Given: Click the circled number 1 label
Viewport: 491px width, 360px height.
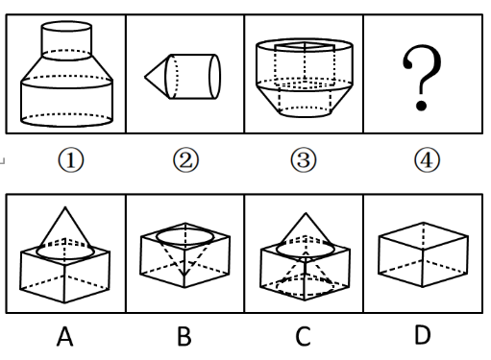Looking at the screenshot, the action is point(71,160).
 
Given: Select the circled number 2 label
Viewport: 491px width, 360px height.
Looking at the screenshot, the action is point(185,160).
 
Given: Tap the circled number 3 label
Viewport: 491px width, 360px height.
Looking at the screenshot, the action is point(304,160).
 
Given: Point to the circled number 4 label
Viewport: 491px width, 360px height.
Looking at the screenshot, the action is point(427,160).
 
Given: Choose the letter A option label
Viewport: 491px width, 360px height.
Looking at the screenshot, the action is point(64,336).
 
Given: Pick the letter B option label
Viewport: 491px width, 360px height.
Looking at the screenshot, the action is point(184,336).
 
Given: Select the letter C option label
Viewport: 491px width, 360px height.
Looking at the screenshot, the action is point(303,336).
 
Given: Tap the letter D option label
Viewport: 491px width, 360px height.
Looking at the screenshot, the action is point(423,335).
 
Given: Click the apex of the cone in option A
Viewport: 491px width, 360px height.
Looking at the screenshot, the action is point(65,207).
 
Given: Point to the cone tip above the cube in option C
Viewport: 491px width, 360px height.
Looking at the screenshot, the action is point(306,213).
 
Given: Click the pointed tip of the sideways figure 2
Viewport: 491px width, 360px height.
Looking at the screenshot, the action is point(145,77).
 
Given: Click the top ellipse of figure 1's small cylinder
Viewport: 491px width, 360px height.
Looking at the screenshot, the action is point(66,27).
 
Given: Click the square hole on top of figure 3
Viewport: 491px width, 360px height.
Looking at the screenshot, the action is point(305,47).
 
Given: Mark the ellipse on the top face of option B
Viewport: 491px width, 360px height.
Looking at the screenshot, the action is point(185,237).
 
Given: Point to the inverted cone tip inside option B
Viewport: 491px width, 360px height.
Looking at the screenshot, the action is point(184,276).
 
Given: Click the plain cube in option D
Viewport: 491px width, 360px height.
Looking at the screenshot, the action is point(423,254).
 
